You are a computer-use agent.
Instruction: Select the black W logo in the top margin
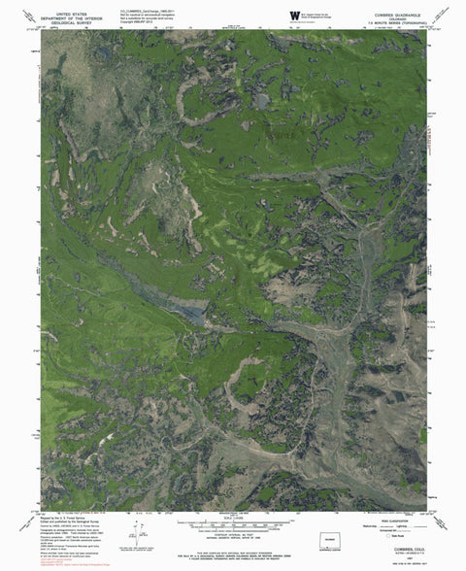[294, 12]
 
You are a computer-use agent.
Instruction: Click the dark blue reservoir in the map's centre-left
[190, 313]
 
